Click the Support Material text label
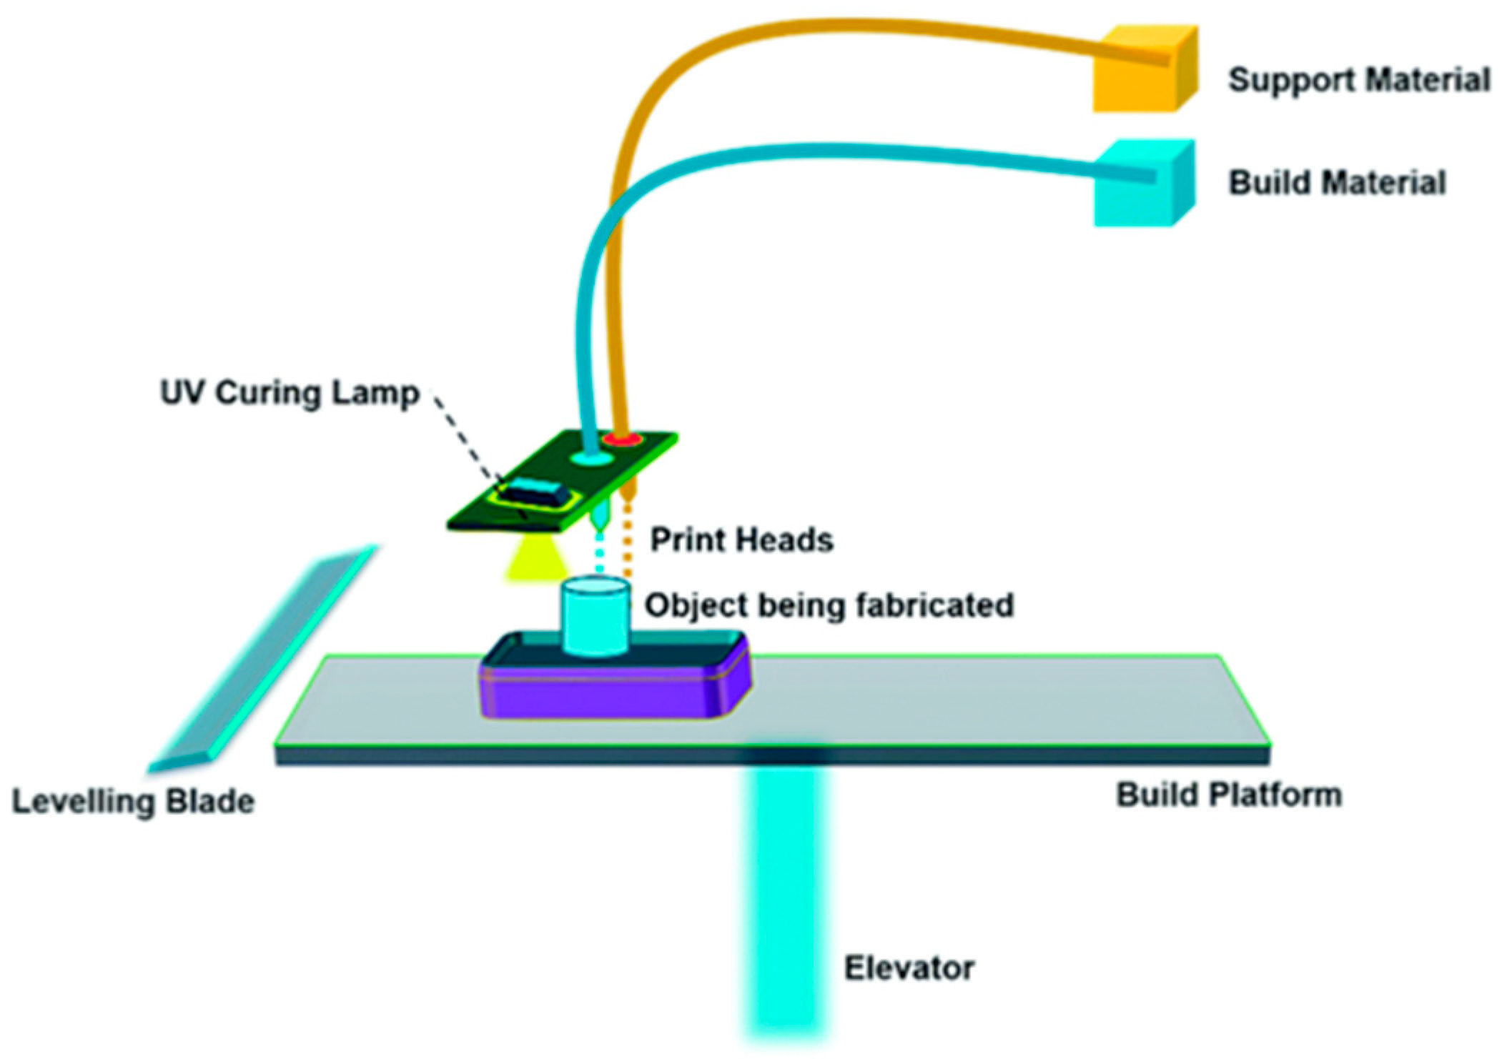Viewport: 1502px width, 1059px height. tap(1358, 79)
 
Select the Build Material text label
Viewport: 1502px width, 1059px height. tap(1336, 183)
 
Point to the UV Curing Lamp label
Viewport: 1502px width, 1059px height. tap(290, 394)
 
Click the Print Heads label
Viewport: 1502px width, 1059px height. tap(741, 540)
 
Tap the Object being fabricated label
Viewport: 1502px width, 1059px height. tap(829, 605)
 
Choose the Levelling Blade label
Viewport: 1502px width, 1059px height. tap(134, 801)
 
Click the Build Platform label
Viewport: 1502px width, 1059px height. tap(1228, 795)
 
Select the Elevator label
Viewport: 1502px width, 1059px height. tap(909, 968)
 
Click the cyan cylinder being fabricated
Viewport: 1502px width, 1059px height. tap(595, 618)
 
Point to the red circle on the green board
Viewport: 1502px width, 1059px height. tap(619, 439)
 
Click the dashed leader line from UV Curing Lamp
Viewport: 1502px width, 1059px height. tap(465, 436)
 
